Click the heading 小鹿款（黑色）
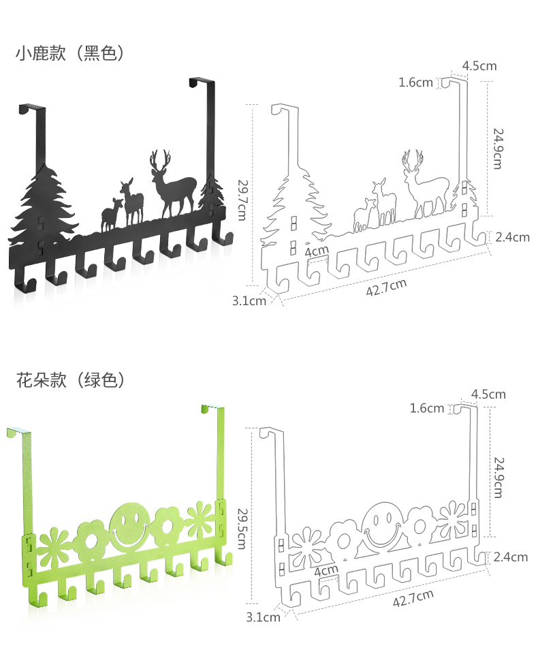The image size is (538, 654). point(70,54)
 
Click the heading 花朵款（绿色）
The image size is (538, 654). point(70,379)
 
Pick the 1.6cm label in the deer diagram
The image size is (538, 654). point(415,82)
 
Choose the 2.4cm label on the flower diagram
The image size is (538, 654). point(511,557)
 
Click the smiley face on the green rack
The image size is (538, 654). point(126,527)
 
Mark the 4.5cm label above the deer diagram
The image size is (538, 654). point(479,66)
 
